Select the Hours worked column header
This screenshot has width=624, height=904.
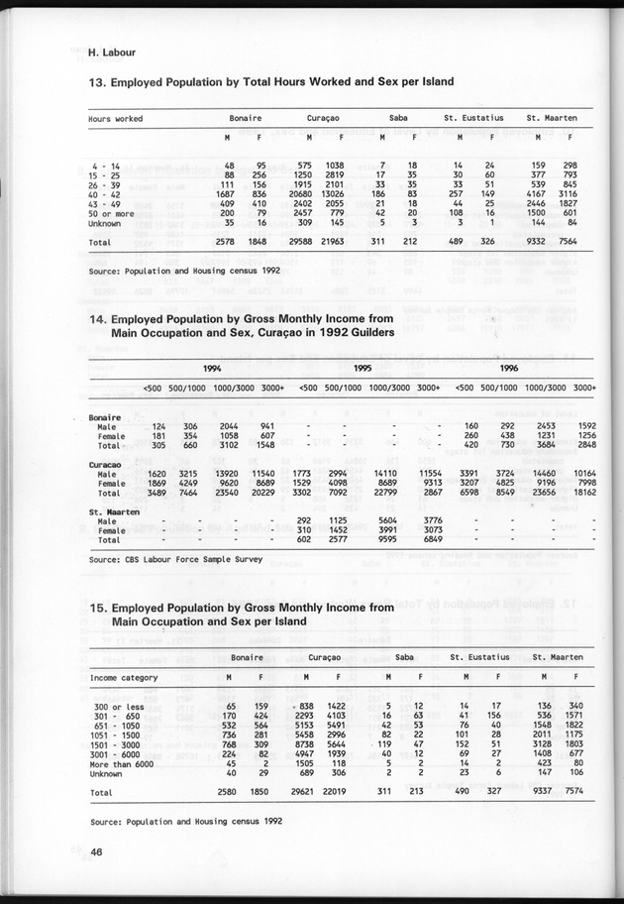[115, 119]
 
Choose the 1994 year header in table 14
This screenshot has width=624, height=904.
[211, 368]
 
